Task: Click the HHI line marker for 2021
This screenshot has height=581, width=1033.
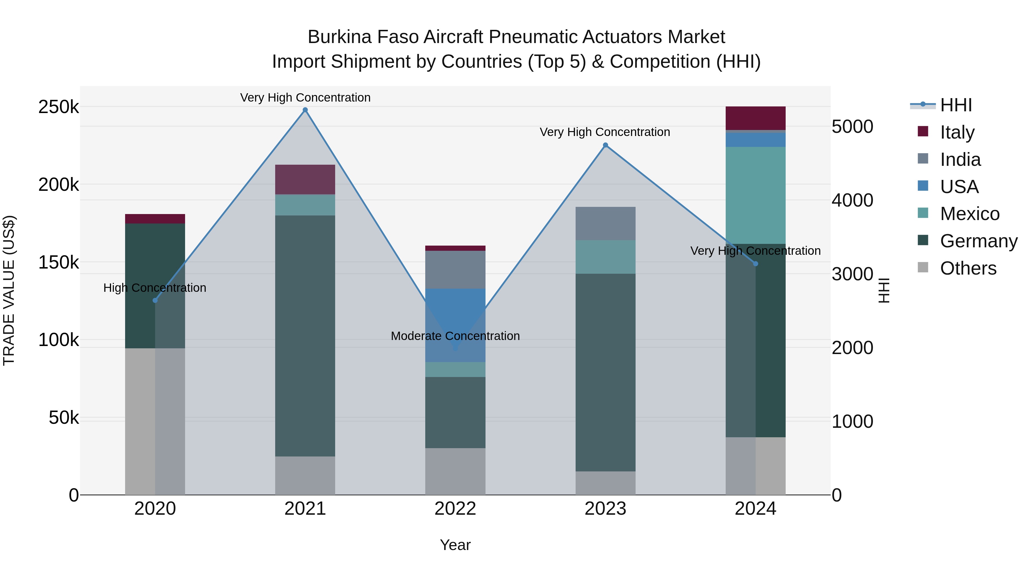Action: (305, 110)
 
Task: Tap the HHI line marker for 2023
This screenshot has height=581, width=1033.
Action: (605, 145)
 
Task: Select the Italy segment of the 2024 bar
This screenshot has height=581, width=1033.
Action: (756, 118)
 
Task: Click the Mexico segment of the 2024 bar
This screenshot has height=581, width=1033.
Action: (756, 195)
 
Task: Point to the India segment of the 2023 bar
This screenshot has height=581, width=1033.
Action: (605, 223)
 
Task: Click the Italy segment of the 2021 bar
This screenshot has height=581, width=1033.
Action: (305, 180)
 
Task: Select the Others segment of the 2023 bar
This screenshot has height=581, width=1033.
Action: (605, 483)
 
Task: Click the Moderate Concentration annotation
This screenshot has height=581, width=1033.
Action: (455, 336)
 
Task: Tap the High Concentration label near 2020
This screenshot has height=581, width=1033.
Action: (155, 288)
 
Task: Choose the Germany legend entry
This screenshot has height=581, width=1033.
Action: (978, 241)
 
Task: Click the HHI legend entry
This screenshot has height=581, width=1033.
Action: (956, 105)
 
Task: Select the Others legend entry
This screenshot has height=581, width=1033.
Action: (968, 268)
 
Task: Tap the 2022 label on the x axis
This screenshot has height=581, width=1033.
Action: (455, 509)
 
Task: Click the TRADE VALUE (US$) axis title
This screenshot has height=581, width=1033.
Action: (9, 290)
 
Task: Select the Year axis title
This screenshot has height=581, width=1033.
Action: (455, 545)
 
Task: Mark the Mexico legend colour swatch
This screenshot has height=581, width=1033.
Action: (923, 213)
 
